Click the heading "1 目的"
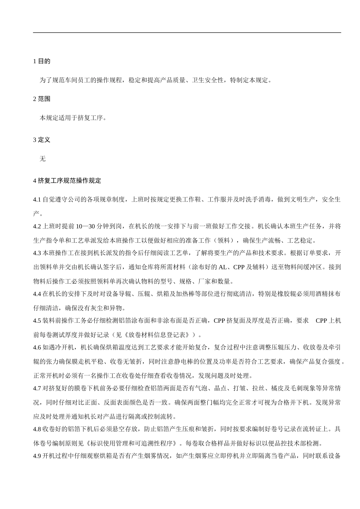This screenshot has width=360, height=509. click(x=42, y=61)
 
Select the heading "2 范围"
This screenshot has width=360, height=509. click(x=42, y=99)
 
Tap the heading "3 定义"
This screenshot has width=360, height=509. click(x=42, y=140)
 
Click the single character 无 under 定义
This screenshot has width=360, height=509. click(x=42, y=159)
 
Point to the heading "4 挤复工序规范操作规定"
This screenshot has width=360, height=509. click(x=67, y=181)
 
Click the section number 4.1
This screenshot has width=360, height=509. click(x=37, y=200)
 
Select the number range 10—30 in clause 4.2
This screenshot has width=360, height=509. click(x=85, y=226)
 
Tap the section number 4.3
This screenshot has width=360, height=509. click(x=37, y=253)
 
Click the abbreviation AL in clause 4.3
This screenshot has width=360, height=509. click(x=222, y=267)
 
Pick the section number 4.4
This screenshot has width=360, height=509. click(x=37, y=294)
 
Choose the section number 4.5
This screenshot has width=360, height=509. click(x=37, y=321)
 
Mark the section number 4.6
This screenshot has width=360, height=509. click(x=37, y=348)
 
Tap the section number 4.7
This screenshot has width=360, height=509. click(x=37, y=389)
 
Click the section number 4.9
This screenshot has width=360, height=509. click(x=37, y=456)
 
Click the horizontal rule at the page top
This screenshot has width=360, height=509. click(x=187, y=33)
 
